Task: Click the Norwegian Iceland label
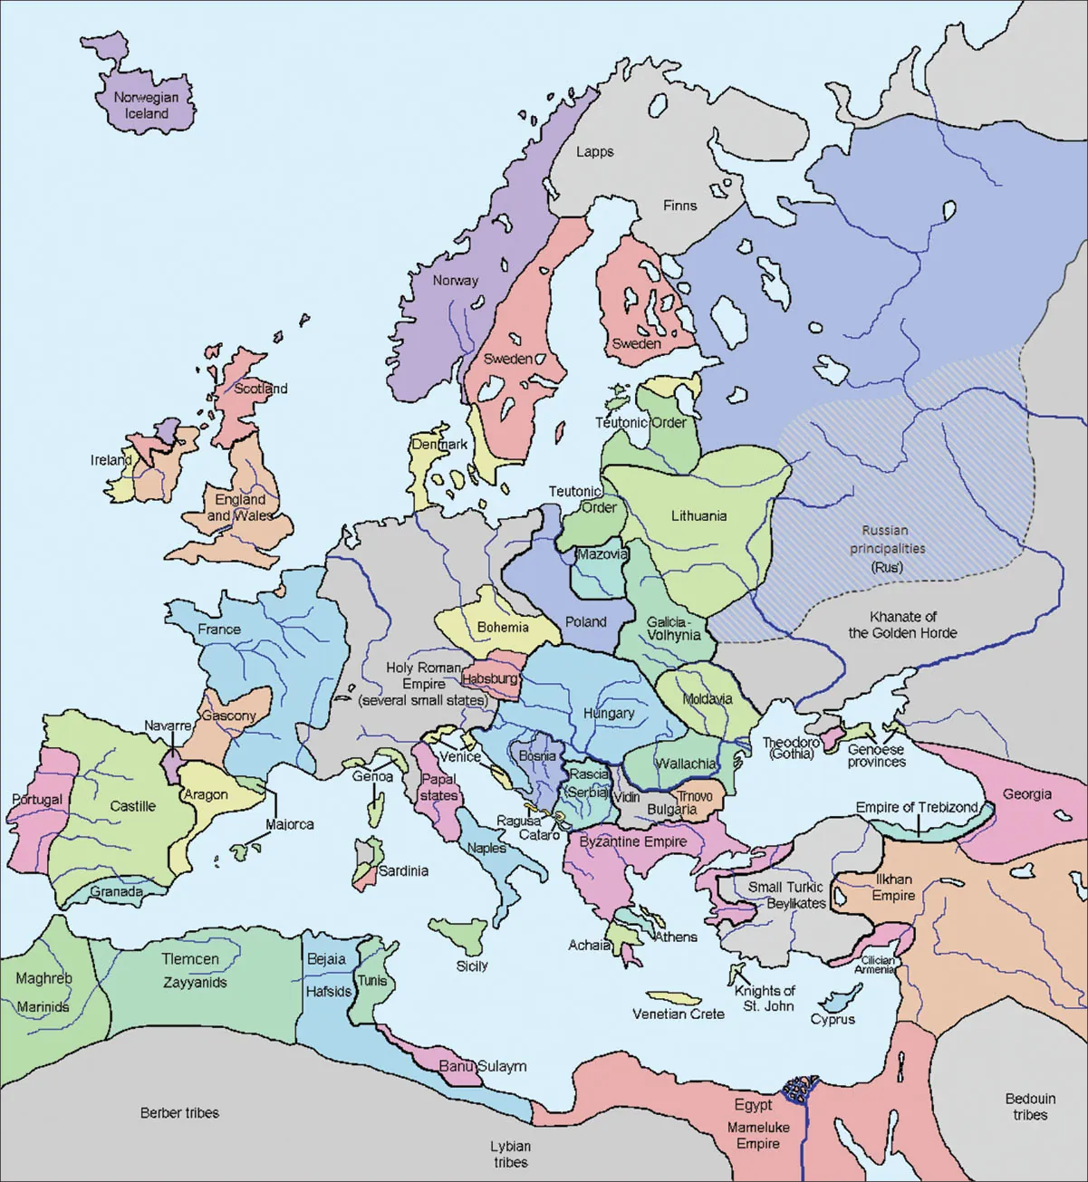click(x=146, y=105)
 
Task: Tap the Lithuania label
click(x=698, y=515)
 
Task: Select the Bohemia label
click(x=503, y=627)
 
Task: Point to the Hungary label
click(x=609, y=713)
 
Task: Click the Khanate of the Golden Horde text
click(x=902, y=624)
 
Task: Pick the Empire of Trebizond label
click(x=917, y=807)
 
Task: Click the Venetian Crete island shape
click(x=678, y=996)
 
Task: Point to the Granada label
click(x=116, y=891)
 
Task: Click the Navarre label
click(x=168, y=726)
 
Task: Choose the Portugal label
click(x=37, y=799)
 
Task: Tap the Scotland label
click(x=261, y=388)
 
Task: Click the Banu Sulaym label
click(x=483, y=1066)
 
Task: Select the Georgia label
click(x=1026, y=793)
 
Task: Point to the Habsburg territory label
click(x=490, y=677)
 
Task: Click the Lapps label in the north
click(x=595, y=151)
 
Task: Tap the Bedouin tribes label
click(x=1030, y=1106)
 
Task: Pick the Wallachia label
click(x=686, y=763)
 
